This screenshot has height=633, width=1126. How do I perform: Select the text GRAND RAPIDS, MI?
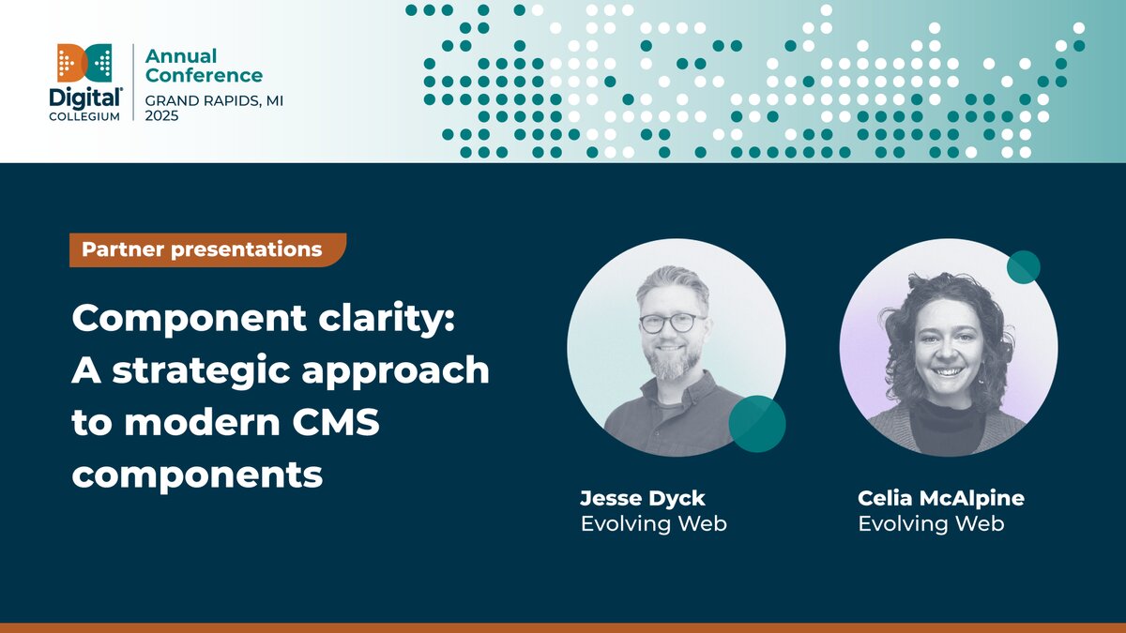(214, 98)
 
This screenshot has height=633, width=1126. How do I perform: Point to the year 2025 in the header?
(161, 115)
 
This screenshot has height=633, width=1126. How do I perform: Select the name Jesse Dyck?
(642, 498)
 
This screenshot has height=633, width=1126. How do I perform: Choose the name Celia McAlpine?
(941, 498)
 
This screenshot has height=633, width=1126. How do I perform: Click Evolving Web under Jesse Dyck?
(653, 523)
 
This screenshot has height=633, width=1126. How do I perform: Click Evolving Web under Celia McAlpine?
(931, 523)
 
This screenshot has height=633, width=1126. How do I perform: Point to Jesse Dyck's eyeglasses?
(672, 323)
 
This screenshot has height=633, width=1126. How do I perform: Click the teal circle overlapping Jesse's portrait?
(756, 424)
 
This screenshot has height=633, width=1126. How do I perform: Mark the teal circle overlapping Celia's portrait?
(1023, 267)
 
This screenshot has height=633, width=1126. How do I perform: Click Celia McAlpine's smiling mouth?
(949, 371)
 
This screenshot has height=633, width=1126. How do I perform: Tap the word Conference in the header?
(204, 75)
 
